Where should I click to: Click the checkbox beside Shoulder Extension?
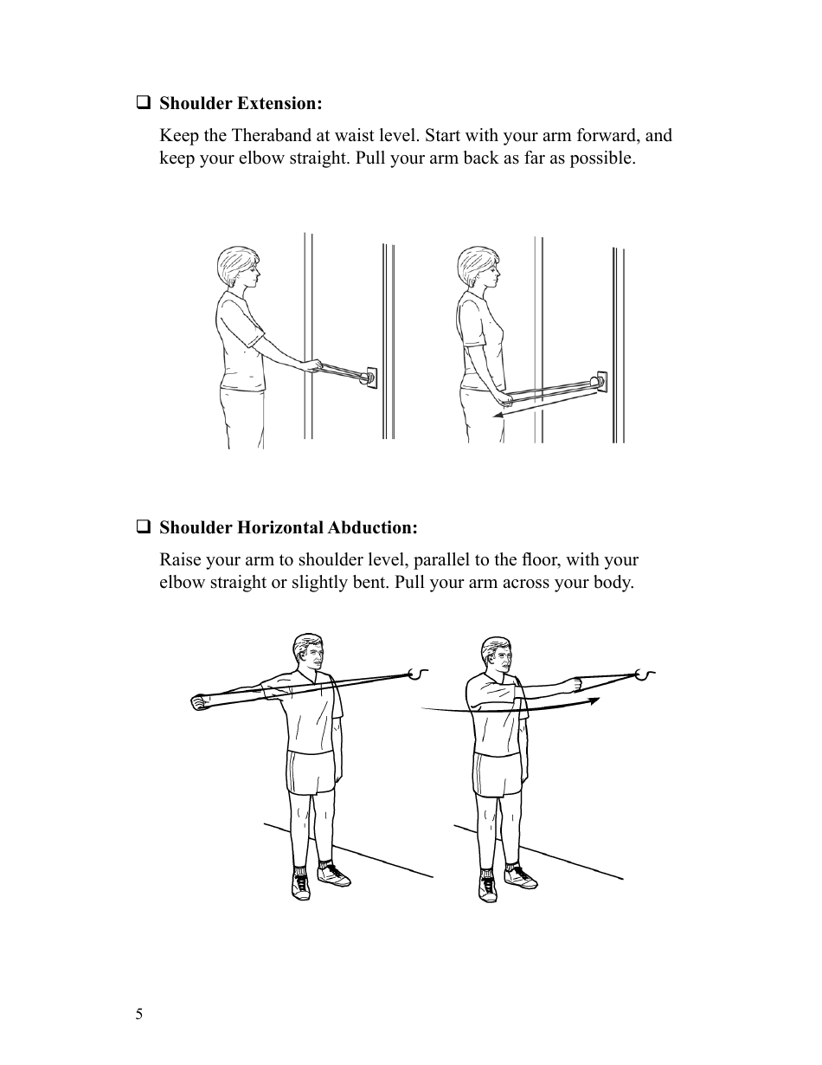(143, 103)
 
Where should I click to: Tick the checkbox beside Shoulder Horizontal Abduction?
(143, 526)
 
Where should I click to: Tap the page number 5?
(139, 1015)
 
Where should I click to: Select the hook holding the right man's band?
(644, 674)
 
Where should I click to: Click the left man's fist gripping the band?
(198, 701)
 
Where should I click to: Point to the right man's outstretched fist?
(572, 684)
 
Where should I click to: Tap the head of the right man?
(495, 657)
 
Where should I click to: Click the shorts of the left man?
(311, 772)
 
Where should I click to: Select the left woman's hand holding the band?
(318, 367)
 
